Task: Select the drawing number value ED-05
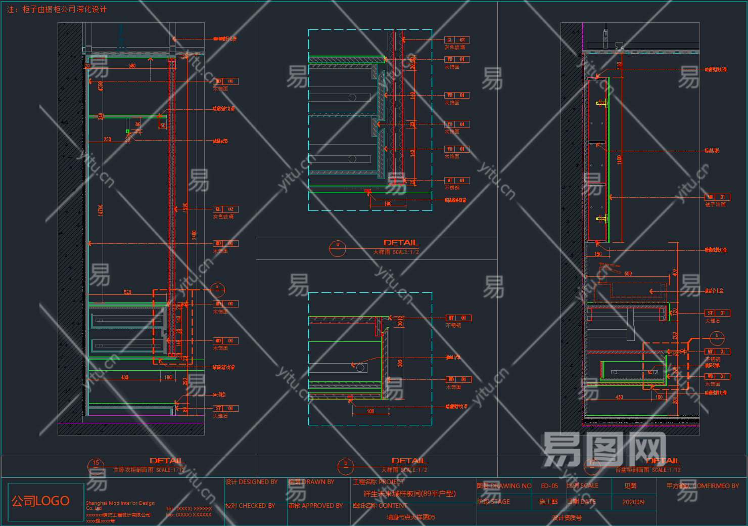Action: click(x=549, y=486)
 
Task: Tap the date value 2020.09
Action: click(x=633, y=502)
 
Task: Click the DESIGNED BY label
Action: click(x=252, y=483)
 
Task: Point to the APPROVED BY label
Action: click(x=315, y=506)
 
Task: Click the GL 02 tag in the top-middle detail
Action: click(x=457, y=39)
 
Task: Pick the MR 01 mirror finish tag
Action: click(x=717, y=197)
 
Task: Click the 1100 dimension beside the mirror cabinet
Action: click(x=619, y=159)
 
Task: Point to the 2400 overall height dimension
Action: click(x=194, y=235)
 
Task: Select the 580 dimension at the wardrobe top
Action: click(x=132, y=66)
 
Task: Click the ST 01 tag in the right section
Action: click(x=717, y=313)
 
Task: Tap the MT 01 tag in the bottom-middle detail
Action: click(x=458, y=318)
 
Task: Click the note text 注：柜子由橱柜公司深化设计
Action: click(x=57, y=10)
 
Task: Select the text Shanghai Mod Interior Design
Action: click(x=120, y=503)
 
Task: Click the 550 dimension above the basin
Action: click(x=628, y=274)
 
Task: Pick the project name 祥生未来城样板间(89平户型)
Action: click(x=409, y=494)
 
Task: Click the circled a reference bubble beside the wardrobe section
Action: click(x=217, y=289)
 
